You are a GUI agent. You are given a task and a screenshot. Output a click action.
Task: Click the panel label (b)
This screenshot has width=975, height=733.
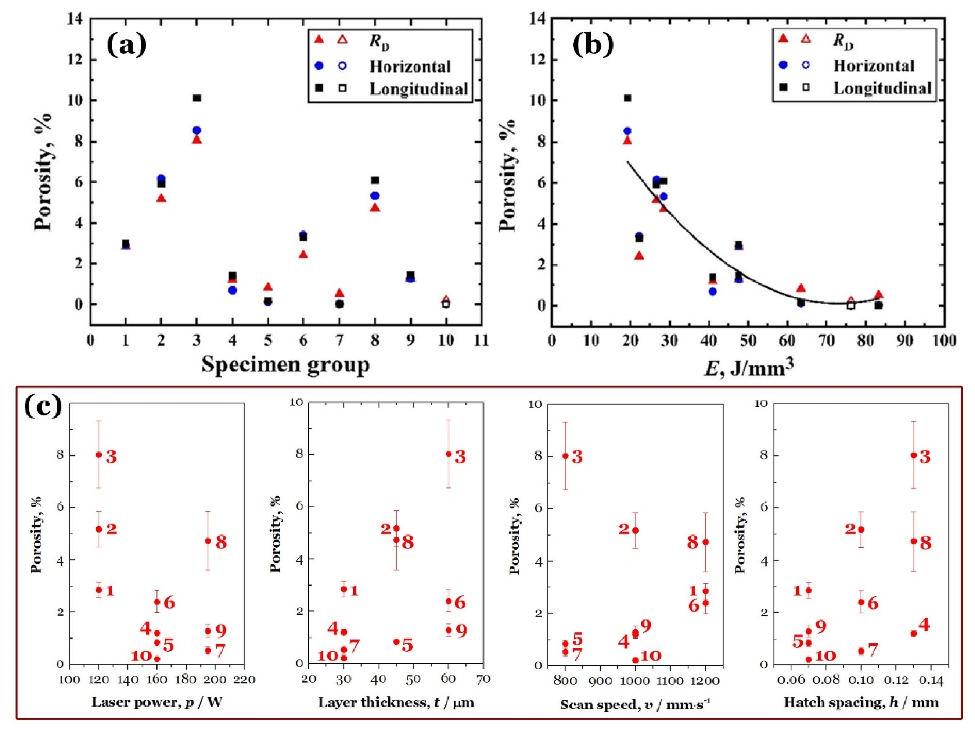pos(593,46)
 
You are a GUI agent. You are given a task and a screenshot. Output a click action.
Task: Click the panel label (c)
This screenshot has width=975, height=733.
pos(43,406)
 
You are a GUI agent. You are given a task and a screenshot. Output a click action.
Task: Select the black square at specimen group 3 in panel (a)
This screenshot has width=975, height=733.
pos(197,98)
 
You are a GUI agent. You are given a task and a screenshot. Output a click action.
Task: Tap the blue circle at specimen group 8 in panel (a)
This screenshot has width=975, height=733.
pos(375,195)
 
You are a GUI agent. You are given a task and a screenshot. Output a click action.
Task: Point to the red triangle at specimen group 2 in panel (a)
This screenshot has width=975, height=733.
pos(161,199)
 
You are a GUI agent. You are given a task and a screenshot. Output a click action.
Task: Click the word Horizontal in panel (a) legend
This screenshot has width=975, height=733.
pos(410,67)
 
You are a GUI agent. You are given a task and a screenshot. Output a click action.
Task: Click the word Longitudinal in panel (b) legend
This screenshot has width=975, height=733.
pos(882,88)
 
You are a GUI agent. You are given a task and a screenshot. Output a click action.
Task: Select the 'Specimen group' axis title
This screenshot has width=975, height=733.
pos(285,365)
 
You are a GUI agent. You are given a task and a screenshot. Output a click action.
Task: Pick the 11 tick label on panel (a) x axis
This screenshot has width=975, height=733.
pos(481,341)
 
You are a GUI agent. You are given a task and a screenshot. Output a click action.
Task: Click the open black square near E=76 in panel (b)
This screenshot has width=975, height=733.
pos(851,305)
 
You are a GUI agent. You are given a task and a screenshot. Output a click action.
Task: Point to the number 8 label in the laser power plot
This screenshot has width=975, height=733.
pos(221,542)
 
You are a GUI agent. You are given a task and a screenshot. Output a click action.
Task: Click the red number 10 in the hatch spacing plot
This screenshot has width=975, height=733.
pos(825,656)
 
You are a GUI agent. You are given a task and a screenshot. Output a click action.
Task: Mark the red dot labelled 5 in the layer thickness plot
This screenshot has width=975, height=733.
pos(396,642)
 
